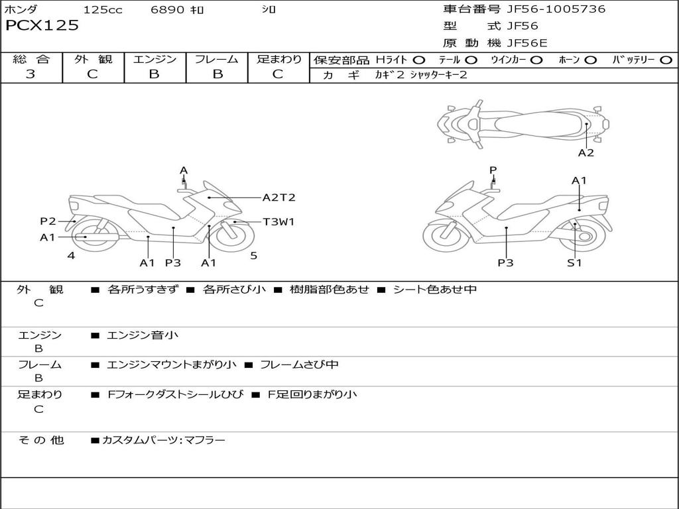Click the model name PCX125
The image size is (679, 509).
point(42,26)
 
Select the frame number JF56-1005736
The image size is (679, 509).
point(556,9)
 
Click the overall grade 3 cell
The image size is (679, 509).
point(31,74)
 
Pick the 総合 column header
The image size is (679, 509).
point(31,59)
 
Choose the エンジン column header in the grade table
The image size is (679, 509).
point(154,59)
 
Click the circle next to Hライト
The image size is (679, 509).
point(419,60)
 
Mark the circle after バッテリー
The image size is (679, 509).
point(665,60)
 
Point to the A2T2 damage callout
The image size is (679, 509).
point(278,198)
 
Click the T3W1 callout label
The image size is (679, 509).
point(278,222)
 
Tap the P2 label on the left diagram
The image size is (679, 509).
point(48,221)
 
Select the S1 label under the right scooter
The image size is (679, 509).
point(574,262)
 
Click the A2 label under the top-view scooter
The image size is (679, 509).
point(586,153)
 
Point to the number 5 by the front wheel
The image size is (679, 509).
point(253,255)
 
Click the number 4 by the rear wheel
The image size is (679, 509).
point(71,255)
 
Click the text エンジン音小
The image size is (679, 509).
point(143,335)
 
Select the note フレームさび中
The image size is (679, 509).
point(299,365)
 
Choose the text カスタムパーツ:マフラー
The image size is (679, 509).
point(163,439)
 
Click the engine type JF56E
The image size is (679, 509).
point(527,43)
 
